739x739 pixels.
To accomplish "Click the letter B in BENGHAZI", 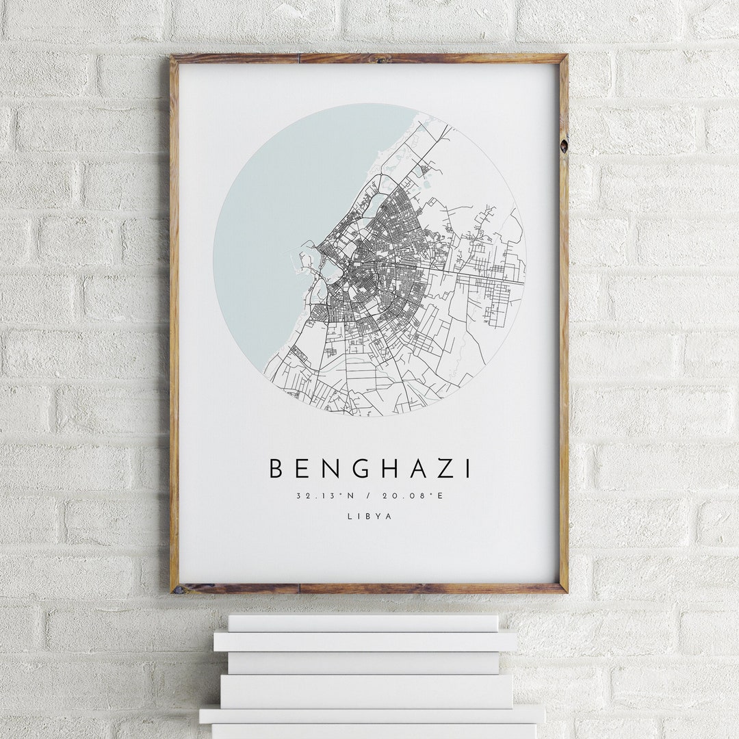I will (276, 469).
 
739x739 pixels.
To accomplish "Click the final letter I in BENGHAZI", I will (468, 469).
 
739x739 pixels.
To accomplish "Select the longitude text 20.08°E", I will (416, 496).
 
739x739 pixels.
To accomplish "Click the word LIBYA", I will (369, 517).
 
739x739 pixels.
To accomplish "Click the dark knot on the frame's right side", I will (563, 145).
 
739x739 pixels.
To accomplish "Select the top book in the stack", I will (363, 623).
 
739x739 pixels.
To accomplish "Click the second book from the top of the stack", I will (365, 641).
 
